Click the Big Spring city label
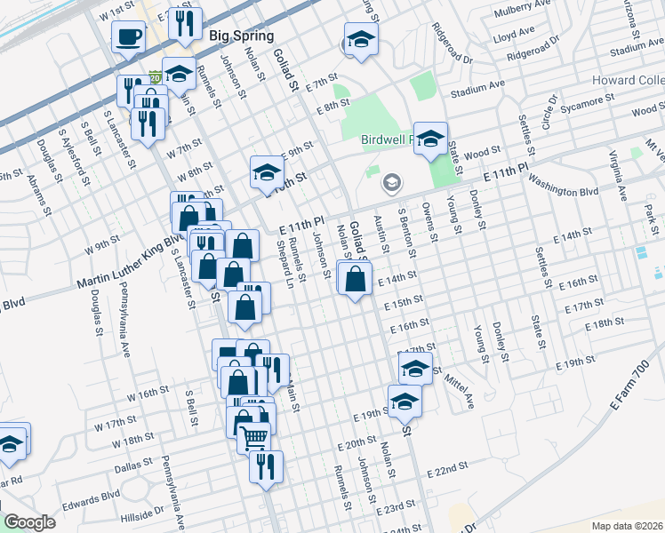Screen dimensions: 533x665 [237, 36]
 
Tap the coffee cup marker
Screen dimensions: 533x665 [129, 37]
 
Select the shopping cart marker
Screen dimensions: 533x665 [254, 436]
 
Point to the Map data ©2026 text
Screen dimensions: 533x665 [627, 525]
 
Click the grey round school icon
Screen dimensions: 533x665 [390, 184]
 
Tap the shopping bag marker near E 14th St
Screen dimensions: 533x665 [355, 279]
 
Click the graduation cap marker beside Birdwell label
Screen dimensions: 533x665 [430, 139]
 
